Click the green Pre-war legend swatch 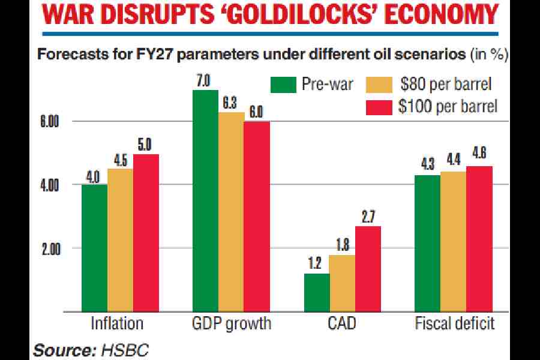(x=283, y=84)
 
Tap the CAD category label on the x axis (x=342, y=325)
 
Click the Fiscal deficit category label (x=454, y=325)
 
